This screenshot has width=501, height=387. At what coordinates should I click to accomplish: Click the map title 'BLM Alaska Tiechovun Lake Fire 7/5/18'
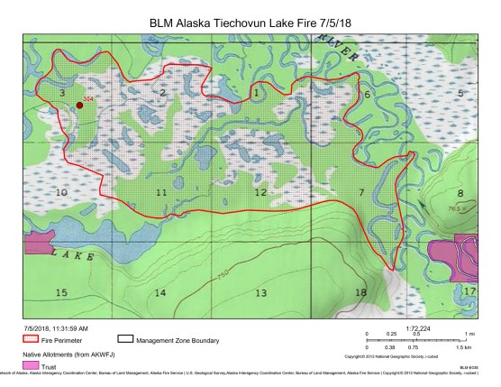click(250, 20)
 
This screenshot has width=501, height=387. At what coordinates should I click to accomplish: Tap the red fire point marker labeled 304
click(79, 106)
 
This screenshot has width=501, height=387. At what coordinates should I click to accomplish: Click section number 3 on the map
click(61, 94)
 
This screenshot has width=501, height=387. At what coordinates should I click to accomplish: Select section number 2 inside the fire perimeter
click(162, 93)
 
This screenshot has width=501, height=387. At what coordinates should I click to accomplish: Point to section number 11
click(160, 193)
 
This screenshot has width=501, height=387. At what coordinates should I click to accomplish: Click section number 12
click(260, 193)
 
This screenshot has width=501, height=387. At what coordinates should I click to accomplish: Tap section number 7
click(360, 193)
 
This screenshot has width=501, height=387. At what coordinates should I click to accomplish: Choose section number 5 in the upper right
click(460, 94)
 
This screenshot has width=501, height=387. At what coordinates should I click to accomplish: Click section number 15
click(61, 293)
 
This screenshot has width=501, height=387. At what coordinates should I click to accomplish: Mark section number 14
click(160, 293)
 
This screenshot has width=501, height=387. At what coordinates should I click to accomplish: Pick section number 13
click(260, 293)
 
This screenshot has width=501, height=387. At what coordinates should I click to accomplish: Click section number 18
click(360, 293)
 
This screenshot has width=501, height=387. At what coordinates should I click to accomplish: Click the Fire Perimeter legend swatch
click(31, 341)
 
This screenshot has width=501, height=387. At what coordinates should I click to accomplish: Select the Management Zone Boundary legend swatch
click(126, 341)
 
